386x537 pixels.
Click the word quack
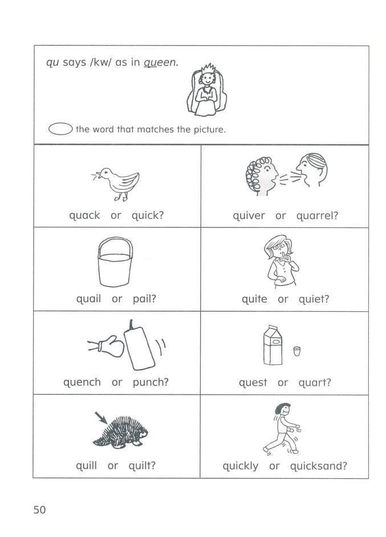point(84,215)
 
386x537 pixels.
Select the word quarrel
point(317,216)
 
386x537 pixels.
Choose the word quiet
point(314,299)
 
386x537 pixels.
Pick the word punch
point(151,383)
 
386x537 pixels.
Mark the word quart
point(314,383)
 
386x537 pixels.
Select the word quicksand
point(318,466)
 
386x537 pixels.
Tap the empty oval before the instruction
point(60,129)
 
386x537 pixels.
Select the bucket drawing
point(116,263)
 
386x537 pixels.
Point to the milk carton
point(273,344)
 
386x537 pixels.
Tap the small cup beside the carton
point(296,351)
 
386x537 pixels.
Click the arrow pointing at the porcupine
point(100,418)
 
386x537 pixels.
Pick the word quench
point(82,383)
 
